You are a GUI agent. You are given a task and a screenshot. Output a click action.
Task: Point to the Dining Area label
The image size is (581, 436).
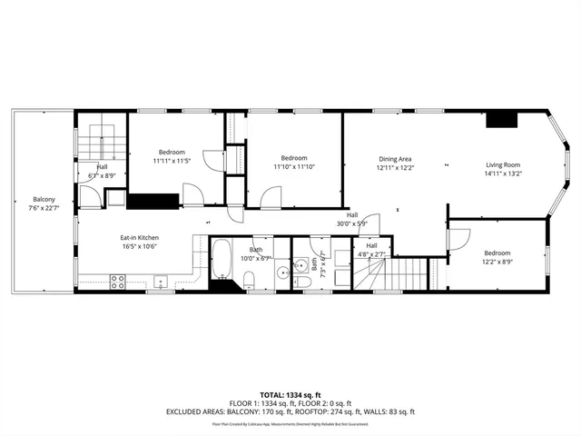[x=395, y=159]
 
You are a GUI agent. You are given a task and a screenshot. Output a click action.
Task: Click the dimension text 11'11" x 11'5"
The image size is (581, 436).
[x=172, y=161]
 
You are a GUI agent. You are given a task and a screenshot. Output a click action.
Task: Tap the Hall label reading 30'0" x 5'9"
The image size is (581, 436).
[x=351, y=219]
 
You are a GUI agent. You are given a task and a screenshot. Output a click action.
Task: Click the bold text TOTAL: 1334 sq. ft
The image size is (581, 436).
[x=290, y=395]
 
